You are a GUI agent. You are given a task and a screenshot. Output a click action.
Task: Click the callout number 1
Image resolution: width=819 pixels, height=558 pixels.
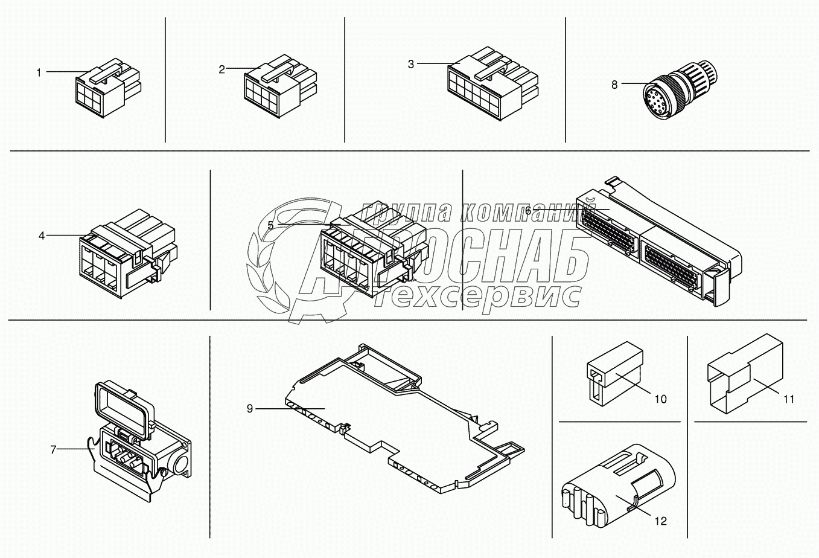[x=39, y=73]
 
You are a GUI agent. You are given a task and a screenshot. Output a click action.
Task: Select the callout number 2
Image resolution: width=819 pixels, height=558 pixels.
[x=221, y=69]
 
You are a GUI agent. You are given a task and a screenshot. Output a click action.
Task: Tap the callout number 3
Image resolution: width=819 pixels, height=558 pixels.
[x=411, y=65]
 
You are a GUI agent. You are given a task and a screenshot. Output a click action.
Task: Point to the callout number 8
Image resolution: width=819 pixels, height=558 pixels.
[x=614, y=85]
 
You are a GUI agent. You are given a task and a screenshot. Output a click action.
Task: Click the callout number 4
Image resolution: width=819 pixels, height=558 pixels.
[x=42, y=236]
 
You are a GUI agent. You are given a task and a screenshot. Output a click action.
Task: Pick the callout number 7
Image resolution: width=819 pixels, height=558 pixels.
[x=53, y=450]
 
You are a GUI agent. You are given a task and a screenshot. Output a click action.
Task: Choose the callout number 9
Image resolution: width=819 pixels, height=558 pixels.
[x=250, y=408]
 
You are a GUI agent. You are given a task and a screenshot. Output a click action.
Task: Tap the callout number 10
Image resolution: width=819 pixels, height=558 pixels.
[x=661, y=399]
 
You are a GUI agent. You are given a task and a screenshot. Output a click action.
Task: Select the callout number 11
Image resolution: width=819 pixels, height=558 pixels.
[x=789, y=399]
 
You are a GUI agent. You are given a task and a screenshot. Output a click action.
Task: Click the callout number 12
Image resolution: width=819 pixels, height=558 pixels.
[x=661, y=521]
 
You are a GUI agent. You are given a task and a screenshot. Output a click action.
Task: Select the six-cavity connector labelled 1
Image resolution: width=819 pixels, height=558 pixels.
[x=108, y=88]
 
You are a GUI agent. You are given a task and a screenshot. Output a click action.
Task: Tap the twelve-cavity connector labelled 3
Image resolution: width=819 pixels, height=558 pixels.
[x=492, y=83]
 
